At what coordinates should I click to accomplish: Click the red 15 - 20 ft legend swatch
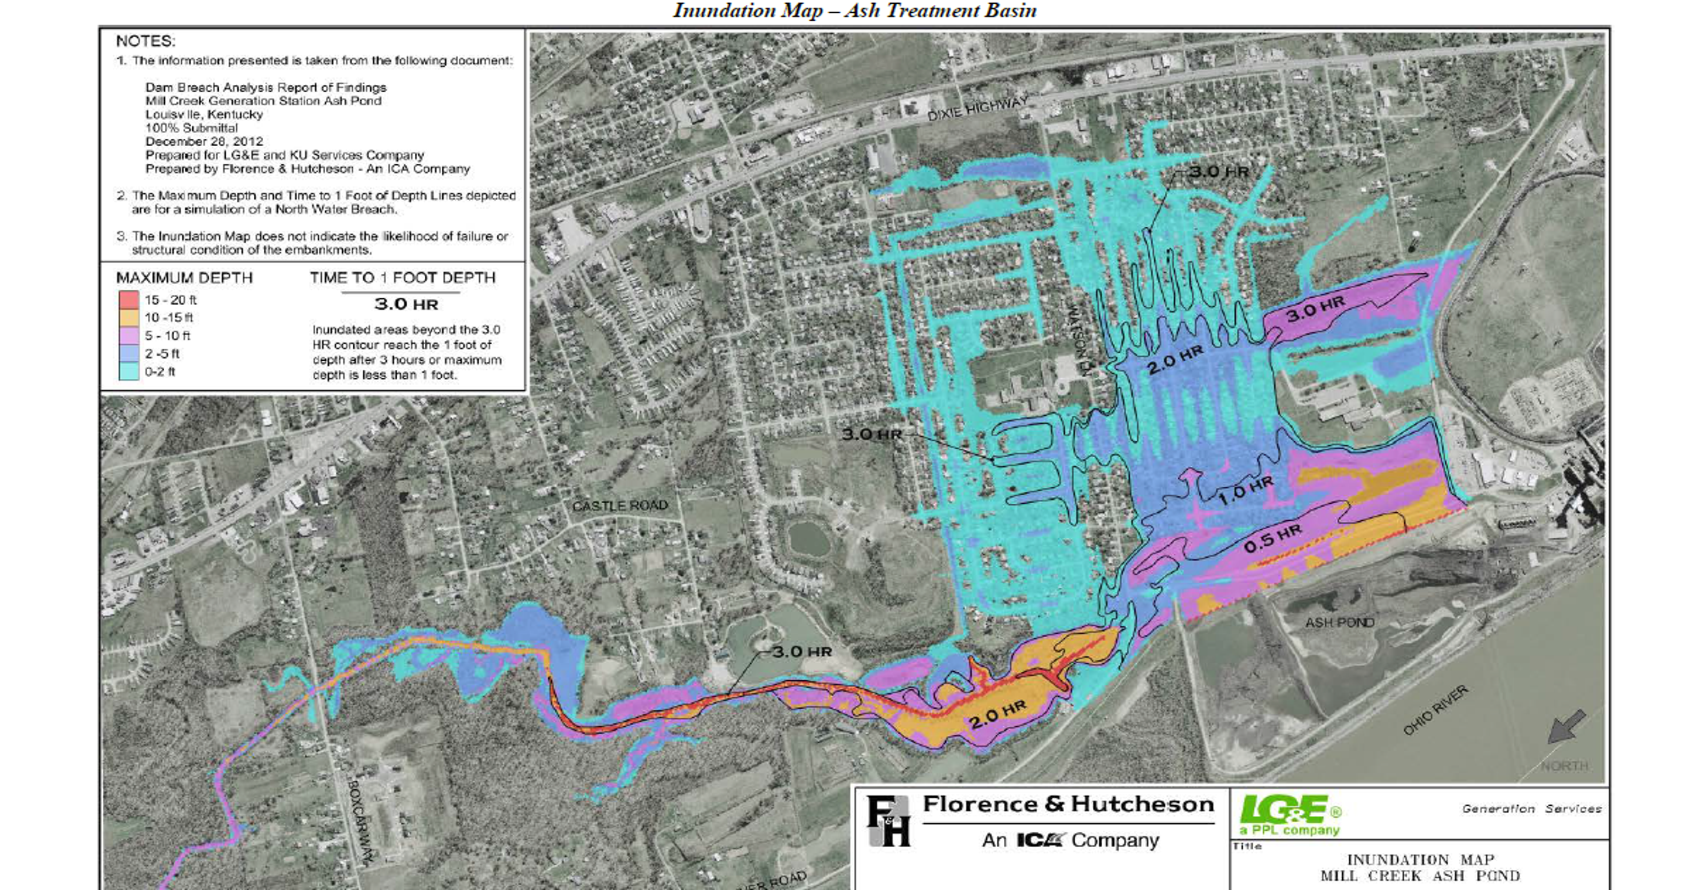click(x=128, y=299)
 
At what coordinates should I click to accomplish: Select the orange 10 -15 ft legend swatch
click(x=128, y=317)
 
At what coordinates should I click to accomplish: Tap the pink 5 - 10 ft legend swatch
click(x=128, y=335)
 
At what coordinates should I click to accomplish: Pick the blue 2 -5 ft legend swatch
click(x=128, y=353)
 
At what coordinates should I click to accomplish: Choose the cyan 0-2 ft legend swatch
click(x=128, y=371)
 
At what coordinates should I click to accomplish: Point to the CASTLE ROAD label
click(x=619, y=505)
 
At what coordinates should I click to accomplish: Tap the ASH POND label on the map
click(x=1340, y=622)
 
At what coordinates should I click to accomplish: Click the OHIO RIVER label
click(x=1435, y=710)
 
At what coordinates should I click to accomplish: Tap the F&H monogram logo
click(x=888, y=821)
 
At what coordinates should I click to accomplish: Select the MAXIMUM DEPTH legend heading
click(x=184, y=278)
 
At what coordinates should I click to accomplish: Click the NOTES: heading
click(x=146, y=41)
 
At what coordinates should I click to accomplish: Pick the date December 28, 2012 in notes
click(x=204, y=141)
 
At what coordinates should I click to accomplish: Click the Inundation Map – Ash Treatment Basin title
click(x=854, y=11)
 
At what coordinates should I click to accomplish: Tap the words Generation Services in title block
click(x=1531, y=808)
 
